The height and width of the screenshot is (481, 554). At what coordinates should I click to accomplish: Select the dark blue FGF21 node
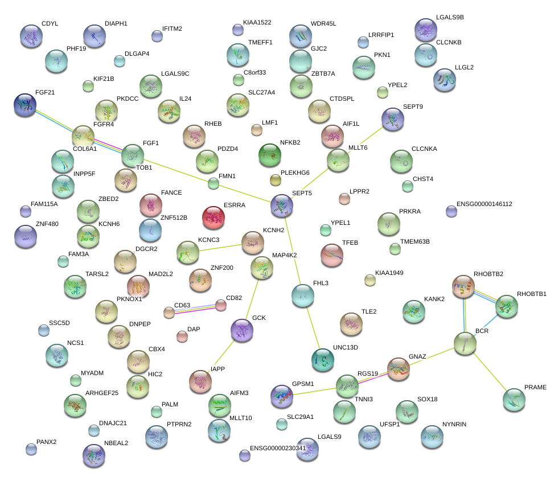tap(25, 105)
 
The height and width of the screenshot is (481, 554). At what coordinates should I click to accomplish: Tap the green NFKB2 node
tap(270, 154)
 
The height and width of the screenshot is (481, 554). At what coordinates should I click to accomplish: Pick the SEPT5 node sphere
tap(282, 205)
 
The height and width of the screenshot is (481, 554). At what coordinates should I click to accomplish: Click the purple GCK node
tap(242, 330)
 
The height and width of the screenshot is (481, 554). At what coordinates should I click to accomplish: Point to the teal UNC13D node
tap(323, 358)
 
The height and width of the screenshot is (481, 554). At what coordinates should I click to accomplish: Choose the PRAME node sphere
tap(514, 400)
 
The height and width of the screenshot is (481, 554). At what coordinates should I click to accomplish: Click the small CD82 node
tap(221, 306)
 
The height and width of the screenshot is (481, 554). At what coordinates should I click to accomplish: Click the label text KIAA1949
tap(389, 273)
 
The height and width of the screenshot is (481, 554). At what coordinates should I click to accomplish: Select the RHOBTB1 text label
tap(531, 294)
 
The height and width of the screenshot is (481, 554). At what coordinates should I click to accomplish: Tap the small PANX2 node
tap(31, 449)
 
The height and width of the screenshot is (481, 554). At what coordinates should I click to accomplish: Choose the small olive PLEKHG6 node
tap(276, 180)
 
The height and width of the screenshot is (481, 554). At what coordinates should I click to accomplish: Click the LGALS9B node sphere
tap(425, 30)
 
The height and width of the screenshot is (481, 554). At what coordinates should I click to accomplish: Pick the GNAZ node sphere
tap(399, 369)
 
